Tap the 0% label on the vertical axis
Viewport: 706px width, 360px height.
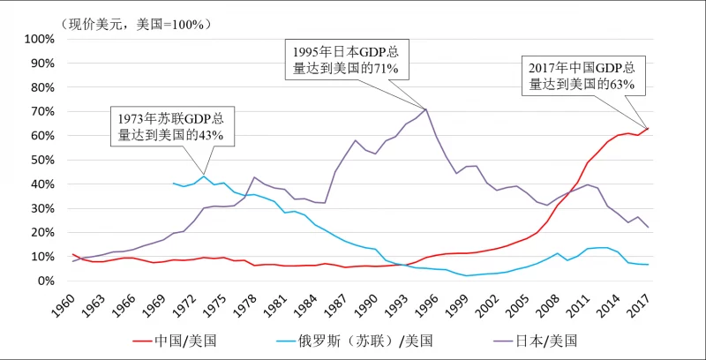(47, 281)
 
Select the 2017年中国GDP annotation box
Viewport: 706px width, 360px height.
(582, 76)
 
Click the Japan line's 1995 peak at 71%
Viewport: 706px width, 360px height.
(427, 109)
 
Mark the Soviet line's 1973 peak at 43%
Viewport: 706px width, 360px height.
(204, 176)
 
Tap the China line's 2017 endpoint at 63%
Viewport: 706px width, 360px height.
(648, 129)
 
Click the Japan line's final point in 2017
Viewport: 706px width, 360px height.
(648, 228)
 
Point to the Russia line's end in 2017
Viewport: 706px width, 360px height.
(648, 265)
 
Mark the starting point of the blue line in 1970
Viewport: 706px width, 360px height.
(174, 184)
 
